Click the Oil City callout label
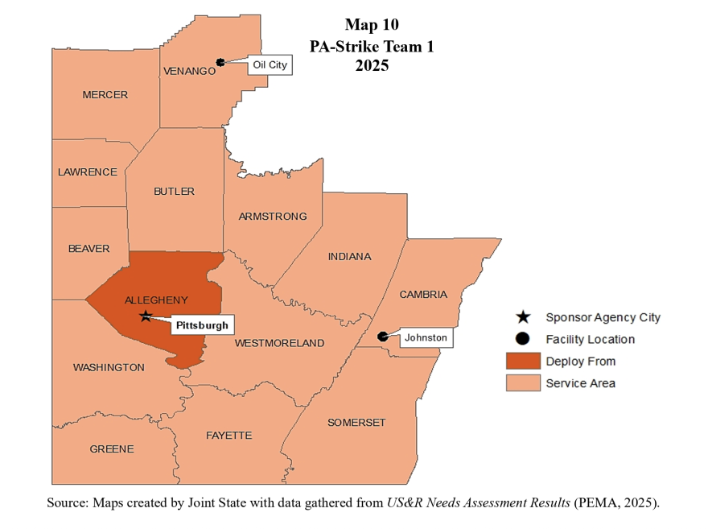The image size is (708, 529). pyautogui.click(x=270, y=64)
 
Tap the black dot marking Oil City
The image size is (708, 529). pyautogui.click(x=220, y=62)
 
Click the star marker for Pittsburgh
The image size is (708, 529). pyautogui.click(x=145, y=316)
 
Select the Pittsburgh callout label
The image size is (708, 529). pyautogui.click(x=202, y=325)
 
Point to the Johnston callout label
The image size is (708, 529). pyautogui.click(x=426, y=337)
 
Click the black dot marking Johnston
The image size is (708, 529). pyautogui.click(x=382, y=337)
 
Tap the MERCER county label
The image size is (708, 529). pyautogui.click(x=105, y=95)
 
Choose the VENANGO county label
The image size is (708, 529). pyautogui.click(x=190, y=71)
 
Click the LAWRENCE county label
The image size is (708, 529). pyautogui.click(x=87, y=172)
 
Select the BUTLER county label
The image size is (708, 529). pyautogui.click(x=174, y=192)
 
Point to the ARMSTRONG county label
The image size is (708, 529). pyautogui.click(x=272, y=217)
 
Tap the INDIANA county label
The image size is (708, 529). pyautogui.click(x=349, y=257)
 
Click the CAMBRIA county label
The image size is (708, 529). pyautogui.click(x=423, y=295)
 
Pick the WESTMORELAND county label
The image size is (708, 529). pyautogui.click(x=279, y=343)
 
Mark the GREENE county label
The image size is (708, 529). pyautogui.click(x=112, y=449)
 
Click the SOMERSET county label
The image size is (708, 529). pyautogui.click(x=356, y=423)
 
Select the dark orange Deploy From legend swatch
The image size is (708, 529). pyautogui.click(x=522, y=361)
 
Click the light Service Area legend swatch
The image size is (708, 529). pyautogui.click(x=522, y=383)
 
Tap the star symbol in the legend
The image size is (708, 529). pyautogui.click(x=523, y=317)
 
